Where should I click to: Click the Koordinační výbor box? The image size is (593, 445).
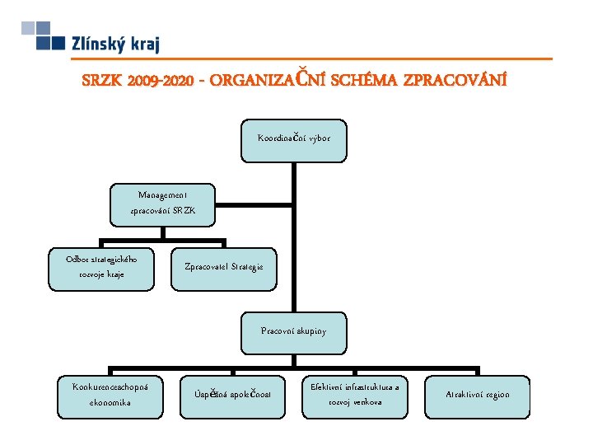pyautogui.click(x=294, y=138)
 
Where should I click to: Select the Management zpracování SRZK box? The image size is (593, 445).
pyautogui.click(x=163, y=203)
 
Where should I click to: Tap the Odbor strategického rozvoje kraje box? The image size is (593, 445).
pyautogui.click(x=102, y=266)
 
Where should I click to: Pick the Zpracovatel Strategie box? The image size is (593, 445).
pyautogui.click(x=224, y=267)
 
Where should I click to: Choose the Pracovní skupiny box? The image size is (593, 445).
pyautogui.click(x=294, y=330)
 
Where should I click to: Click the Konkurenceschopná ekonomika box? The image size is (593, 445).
pyautogui.click(x=111, y=394)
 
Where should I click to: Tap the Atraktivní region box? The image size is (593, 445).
pyautogui.click(x=478, y=394)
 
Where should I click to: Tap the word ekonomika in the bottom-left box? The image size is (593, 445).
pyautogui.click(x=111, y=403)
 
